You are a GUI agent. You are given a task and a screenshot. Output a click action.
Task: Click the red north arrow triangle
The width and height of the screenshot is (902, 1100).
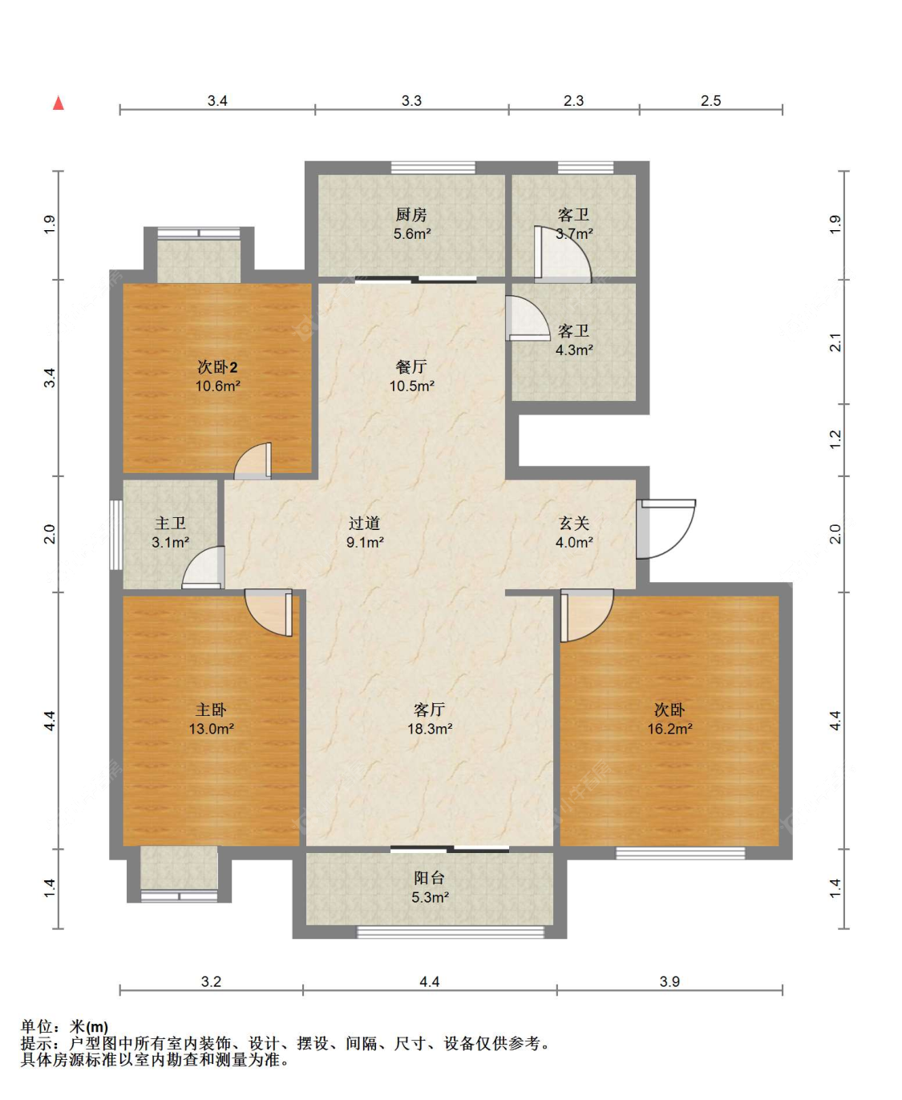59,103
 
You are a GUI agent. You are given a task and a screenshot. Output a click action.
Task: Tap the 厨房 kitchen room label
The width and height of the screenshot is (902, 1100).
411,214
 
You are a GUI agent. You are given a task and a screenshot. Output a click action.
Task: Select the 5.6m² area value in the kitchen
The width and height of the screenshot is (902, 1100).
412,233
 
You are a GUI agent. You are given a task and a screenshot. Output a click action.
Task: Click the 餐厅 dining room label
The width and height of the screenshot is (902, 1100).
411,366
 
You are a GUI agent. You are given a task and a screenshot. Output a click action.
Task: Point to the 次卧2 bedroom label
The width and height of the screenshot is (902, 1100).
217,367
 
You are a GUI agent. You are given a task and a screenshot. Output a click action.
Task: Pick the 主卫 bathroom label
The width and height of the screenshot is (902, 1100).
171,523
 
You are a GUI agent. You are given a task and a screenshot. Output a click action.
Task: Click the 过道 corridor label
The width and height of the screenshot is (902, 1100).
365,523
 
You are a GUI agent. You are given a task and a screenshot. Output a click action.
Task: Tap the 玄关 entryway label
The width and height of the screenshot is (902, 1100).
574,523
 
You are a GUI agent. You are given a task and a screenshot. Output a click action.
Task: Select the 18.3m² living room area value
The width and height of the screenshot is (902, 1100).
430,729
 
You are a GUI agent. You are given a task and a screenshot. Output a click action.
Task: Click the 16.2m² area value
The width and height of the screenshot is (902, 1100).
669,729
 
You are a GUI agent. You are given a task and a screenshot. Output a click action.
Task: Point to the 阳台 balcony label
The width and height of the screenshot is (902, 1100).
429,878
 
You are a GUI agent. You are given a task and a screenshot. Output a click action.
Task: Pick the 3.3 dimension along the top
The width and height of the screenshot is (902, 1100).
411,101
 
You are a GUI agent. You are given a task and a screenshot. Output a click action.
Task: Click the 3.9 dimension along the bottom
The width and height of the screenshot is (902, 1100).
669,981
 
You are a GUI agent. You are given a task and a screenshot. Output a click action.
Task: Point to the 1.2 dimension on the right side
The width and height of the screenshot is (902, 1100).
835,439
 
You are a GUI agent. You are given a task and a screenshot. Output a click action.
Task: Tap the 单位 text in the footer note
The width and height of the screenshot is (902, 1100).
37,1027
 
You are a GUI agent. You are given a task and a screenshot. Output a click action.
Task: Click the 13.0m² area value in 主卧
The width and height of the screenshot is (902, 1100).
212,729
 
